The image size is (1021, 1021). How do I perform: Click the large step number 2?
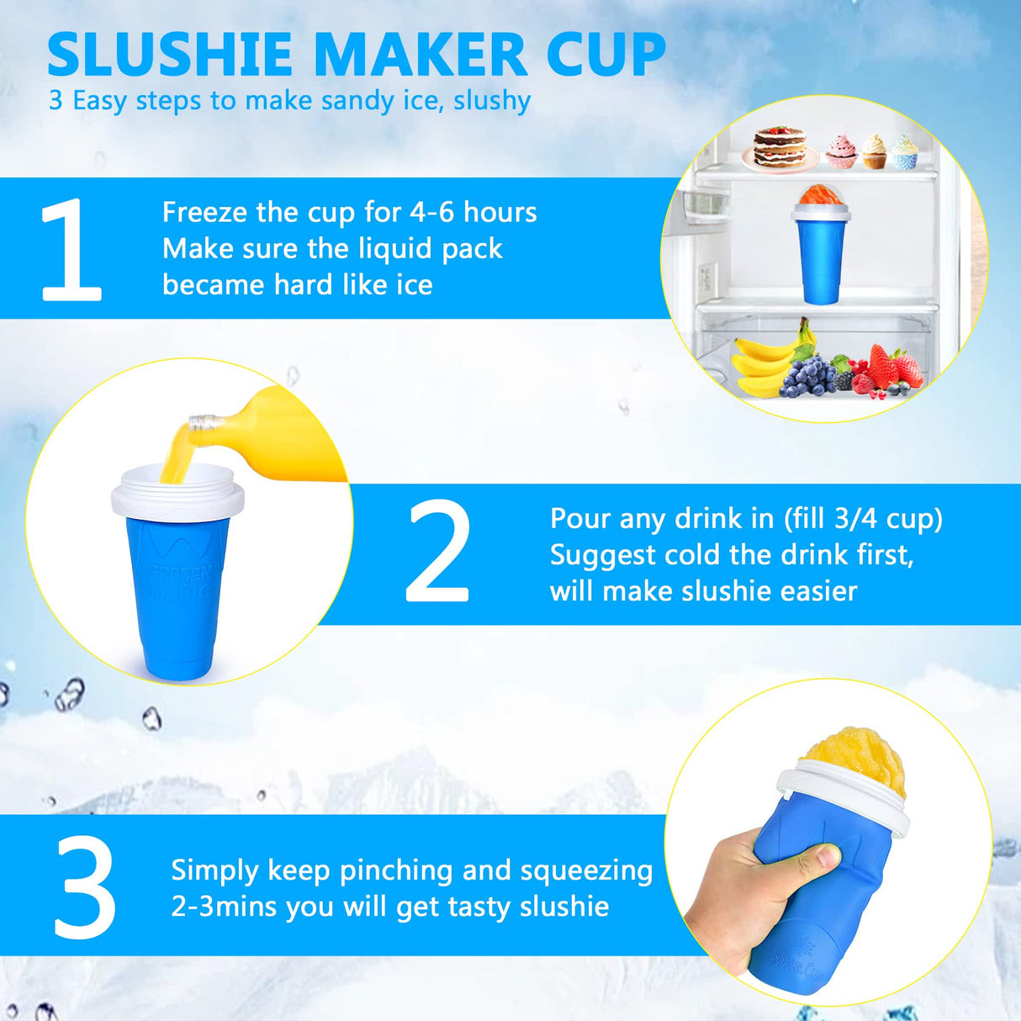coord(436,553)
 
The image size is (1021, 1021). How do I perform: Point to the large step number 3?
coord(85,887)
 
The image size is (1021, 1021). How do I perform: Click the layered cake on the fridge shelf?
coord(780,148)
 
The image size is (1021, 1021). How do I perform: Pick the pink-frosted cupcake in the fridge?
coord(841,151)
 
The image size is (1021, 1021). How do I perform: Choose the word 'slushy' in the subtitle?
coord(492,101)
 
